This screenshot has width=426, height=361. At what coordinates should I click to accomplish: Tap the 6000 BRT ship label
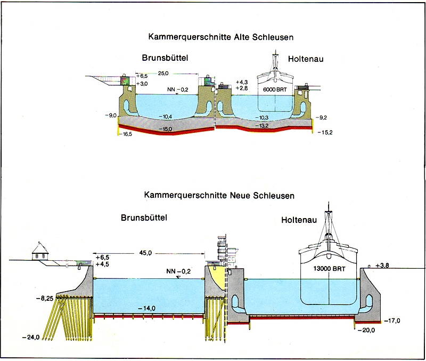(275, 90)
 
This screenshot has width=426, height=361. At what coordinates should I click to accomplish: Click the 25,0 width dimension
(163, 74)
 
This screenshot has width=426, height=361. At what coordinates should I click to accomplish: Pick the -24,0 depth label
(32, 338)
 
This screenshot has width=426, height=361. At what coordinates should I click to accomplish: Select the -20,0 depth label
(367, 330)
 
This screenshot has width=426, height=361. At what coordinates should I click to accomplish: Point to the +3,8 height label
(383, 265)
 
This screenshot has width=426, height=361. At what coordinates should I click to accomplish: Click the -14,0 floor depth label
(148, 308)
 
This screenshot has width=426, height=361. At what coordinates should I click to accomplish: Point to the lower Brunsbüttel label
(144, 218)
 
